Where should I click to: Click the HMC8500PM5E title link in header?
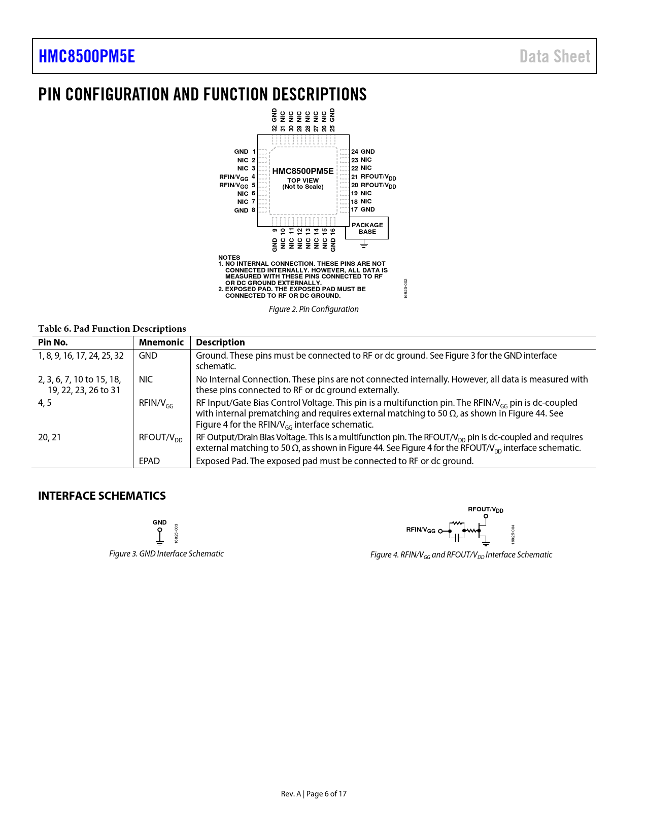(87, 56)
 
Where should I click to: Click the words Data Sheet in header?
(555, 56)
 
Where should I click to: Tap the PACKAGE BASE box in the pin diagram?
(367, 228)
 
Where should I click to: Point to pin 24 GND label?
(363, 152)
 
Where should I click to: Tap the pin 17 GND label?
(363, 210)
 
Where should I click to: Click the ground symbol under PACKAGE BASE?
(364, 245)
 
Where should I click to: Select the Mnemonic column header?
(161, 342)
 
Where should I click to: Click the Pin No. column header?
(53, 342)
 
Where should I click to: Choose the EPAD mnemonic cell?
(149, 461)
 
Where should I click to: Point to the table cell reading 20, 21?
(50, 437)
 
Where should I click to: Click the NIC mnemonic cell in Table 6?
(146, 379)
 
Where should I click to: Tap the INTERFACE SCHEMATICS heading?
(102, 496)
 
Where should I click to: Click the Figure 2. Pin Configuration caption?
(314, 309)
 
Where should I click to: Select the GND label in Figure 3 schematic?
(160, 522)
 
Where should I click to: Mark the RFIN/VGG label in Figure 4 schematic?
(421, 530)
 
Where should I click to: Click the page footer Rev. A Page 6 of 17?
(314, 794)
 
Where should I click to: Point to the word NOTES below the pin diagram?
(229, 258)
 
